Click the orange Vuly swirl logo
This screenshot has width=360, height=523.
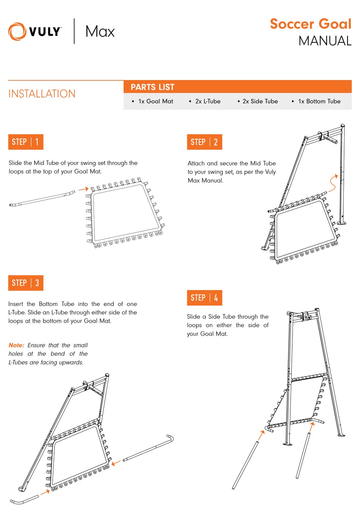coord(17,31)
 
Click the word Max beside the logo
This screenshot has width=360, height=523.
coord(100,31)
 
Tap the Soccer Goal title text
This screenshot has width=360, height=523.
coord(310,24)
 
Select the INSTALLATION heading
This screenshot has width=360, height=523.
coord(42,94)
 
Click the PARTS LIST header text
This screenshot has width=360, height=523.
coord(152,87)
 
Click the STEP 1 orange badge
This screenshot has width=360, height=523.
coord(26,142)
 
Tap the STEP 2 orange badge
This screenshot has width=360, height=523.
coord(205,142)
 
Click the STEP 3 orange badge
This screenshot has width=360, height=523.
coord(26,283)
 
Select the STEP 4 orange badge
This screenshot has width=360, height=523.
coord(205,298)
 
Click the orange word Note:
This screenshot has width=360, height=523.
coord(16,345)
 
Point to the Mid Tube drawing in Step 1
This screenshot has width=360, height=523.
coord(42,199)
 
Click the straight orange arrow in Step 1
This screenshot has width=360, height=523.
coord(83,189)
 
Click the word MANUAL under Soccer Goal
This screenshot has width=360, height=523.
coord(325,41)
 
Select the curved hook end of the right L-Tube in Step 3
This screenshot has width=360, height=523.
coord(171,439)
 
